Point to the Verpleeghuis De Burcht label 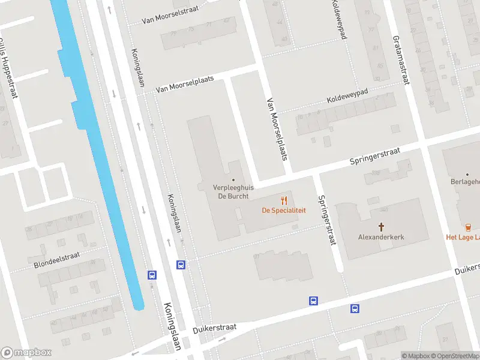pos(233,191)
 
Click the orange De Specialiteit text pos(284,211)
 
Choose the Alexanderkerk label pos(381,237)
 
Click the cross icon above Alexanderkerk pos(381,227)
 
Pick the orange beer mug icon pos(467,227)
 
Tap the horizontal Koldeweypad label pos(355,98)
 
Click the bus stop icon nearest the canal pos(152,275)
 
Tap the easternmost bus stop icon pos(355,309)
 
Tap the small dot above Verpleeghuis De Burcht pos(233,179)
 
